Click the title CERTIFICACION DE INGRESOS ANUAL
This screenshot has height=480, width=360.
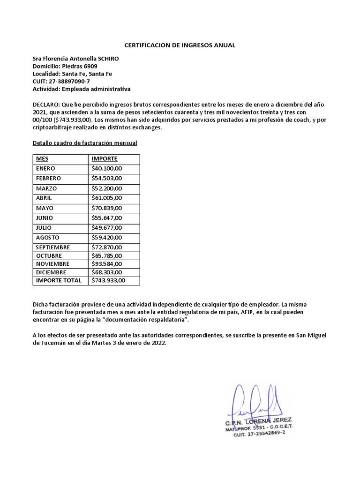(180, 45)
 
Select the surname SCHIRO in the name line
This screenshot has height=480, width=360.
(108, 59)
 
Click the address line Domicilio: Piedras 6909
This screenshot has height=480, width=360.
(65, 66)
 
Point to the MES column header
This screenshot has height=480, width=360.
(42, 159)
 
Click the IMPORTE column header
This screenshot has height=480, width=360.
(105, 159)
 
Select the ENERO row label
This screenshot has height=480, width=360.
(45, 168)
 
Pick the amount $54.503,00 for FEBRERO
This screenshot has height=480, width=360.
(107, 179)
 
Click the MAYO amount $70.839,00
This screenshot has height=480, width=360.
(107, 208)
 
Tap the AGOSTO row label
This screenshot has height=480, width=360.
(47, 237)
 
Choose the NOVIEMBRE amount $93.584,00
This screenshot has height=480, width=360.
(107, 264)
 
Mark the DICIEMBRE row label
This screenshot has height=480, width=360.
(51, 272)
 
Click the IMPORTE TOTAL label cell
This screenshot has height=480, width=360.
(59, 281)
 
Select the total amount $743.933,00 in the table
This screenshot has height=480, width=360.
(109, 281)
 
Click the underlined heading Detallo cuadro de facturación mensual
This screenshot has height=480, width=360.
(84, 142)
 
